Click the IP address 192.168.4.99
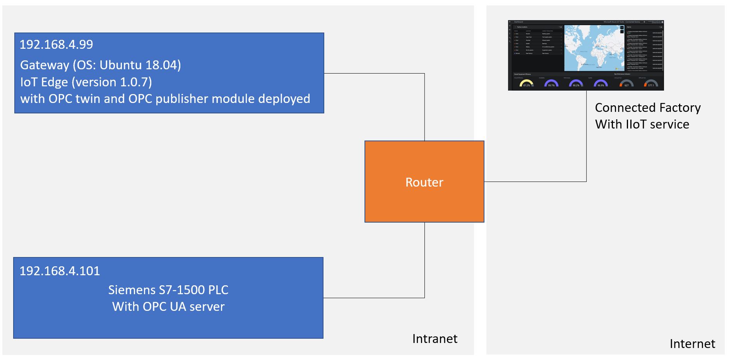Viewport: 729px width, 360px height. pos(56,45)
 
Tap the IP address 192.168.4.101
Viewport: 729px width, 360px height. pos(60,271)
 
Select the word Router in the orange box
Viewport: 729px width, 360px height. pos(424,182)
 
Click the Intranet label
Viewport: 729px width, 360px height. pos(435,339)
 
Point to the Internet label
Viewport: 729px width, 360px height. pos(692,344)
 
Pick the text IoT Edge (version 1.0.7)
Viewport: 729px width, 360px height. pos(86,82)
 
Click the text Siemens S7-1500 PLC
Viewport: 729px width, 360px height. pos(168,290)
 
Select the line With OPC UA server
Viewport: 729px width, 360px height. pos(168,307)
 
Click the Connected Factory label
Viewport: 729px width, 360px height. pos(647,108)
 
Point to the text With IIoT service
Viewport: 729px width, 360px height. pos(642,124)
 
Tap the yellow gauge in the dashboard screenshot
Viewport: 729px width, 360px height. pos(526,83)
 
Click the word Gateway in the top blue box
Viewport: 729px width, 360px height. pos(44,65)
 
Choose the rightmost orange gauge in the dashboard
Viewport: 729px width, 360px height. pos(651,84)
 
